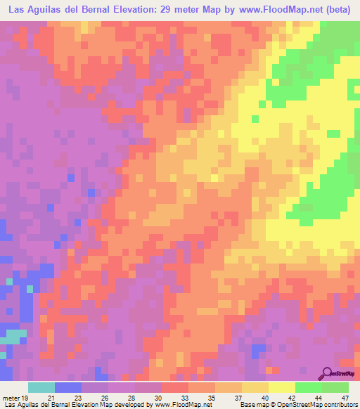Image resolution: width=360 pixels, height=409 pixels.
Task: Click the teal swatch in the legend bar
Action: [41, 387]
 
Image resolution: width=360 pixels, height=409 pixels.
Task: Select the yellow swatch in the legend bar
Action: [282, 387]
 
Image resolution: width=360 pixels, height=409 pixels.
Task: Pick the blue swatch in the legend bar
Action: [68, 387]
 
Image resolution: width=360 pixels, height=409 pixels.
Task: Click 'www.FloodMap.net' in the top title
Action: [274, 11]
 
